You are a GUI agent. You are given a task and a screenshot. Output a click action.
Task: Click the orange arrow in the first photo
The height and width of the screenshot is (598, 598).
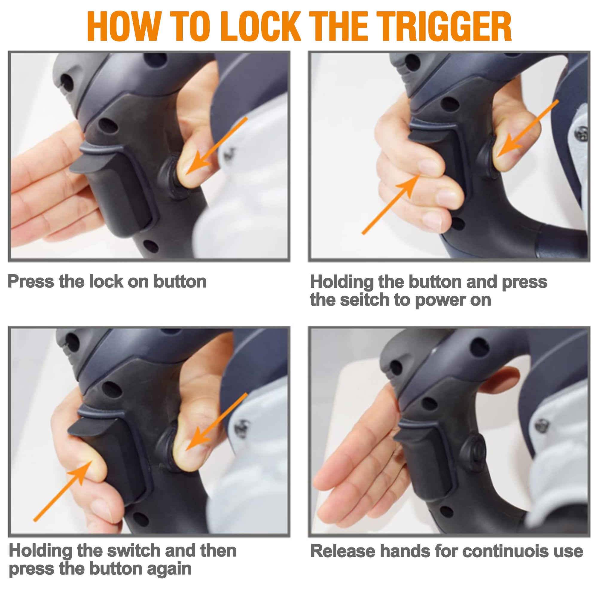[216, 145]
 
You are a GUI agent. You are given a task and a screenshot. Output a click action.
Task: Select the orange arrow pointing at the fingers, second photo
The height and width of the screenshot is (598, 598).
[391, 204]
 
